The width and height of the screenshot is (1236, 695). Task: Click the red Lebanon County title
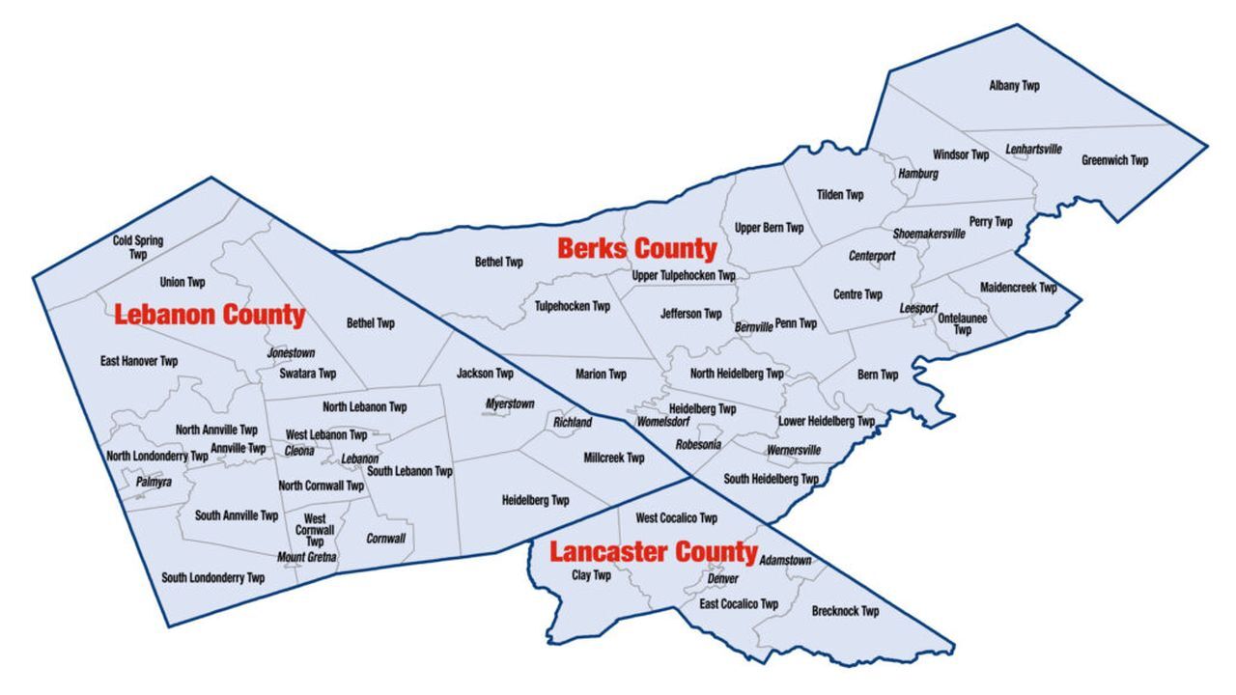(210, 315)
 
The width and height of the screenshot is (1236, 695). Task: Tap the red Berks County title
(637, 249)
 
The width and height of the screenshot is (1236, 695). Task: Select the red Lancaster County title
(653, 552)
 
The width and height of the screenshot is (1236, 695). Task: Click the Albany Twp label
(1014, 86)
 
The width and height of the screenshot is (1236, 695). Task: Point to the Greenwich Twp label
(1114, 160)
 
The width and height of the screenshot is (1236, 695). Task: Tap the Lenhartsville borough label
(1033, 150)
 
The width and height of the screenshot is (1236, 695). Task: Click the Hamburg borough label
(918, 174)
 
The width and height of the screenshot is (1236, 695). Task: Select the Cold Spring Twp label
(137, 247)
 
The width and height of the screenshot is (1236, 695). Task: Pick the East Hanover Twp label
(139, 361)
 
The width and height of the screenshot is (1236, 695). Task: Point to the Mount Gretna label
(305, 557)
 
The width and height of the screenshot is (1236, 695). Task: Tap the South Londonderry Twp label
(212, 578)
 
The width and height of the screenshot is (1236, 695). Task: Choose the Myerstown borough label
(509, 403)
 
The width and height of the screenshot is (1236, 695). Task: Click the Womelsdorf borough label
(663, 423)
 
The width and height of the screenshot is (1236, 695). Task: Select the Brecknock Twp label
(845, 611)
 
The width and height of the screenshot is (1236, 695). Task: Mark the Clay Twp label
(591, 575)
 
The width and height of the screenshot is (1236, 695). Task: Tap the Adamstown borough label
(785, 561)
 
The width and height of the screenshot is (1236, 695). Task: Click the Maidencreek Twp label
(1018, 288)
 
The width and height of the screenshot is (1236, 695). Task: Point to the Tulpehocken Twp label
(572, 306)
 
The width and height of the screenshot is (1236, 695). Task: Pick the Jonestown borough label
(291, 353)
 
